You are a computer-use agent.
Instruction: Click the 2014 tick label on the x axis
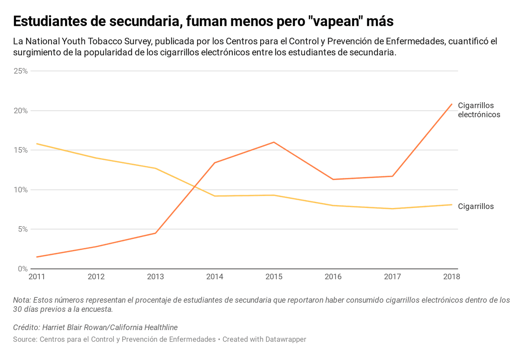click(x=215, y=276)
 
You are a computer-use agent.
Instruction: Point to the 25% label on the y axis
click(x=21, y=71)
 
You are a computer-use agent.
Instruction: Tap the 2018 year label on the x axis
click(x=451, y=276)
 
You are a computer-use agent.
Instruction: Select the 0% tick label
click(x=22, y=269)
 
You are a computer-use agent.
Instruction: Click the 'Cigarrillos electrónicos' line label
click(x=479, y=110)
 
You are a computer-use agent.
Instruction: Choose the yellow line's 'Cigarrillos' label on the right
click(x=476, y=206)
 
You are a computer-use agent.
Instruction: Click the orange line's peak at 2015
click(x=274, y=142)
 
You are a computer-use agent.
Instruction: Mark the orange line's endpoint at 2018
click(x=452, y=104)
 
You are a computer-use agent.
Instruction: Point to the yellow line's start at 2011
click(x=37, y=144)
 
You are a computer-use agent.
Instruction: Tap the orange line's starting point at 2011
click(x=37, y=257)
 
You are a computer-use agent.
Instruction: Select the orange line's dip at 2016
click(x=333, y=179)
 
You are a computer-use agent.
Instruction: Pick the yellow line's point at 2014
click(x=215, y=196)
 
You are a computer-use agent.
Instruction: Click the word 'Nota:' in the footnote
click(x=22, y=300)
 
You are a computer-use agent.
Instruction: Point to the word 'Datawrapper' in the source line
click(x=286, y=339)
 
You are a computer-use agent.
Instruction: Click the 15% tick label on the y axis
click(x=21, y=150)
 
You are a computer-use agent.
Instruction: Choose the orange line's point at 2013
click(x=155, y=233)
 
